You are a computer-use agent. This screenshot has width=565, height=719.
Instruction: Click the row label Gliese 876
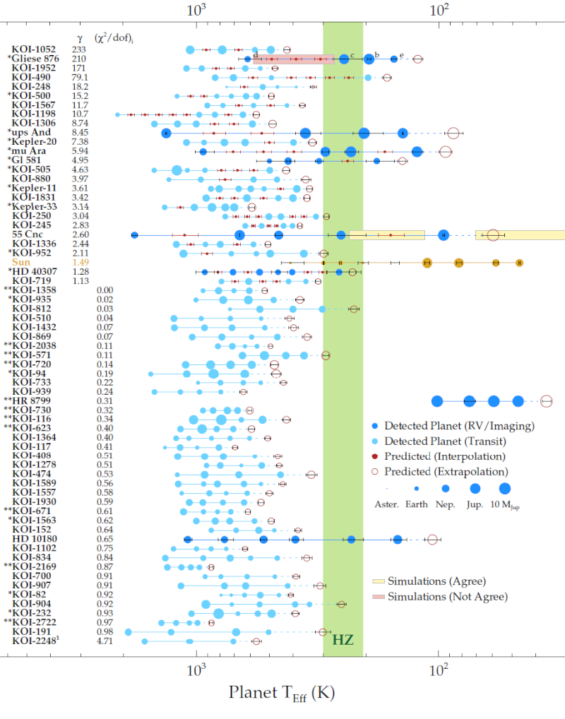[40, 59]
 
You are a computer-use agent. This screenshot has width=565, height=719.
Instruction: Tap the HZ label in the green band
[343, 641]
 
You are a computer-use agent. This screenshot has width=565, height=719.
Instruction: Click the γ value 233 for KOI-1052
[79, 49]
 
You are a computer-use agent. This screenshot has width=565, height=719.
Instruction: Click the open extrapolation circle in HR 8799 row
[546, 401]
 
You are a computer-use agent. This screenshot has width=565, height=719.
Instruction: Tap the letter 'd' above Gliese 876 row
[256, 54]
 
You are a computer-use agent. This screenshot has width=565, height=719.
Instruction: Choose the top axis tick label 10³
[196, 10]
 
